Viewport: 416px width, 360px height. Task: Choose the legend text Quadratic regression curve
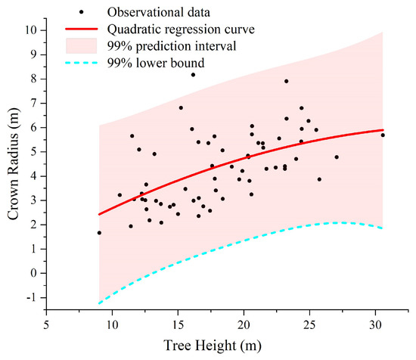pos(181,29)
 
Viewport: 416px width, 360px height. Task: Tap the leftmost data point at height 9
pos(99,233)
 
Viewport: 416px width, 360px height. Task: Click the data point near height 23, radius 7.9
pos(286,81)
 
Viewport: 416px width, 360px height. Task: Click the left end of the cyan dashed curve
pos(99,303)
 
